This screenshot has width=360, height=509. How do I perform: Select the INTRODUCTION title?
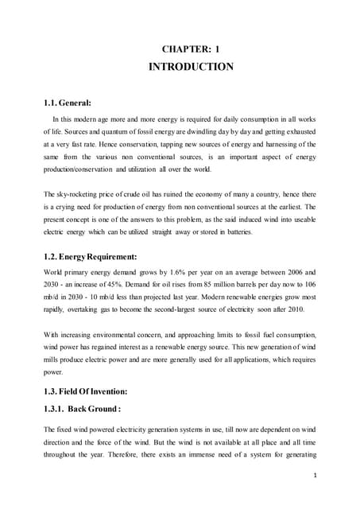click(x=192, y=67)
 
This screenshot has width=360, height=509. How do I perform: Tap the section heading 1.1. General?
click(x=68, y=103)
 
